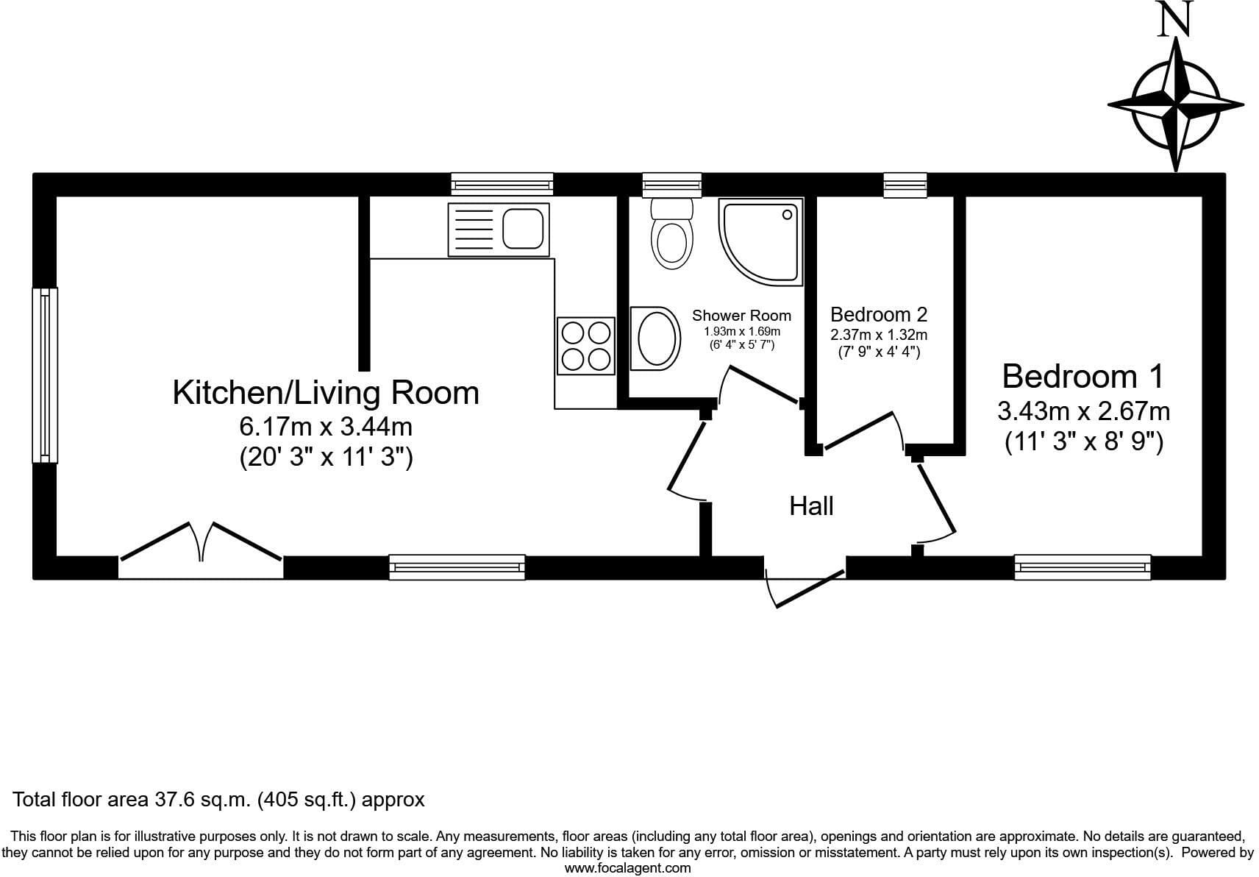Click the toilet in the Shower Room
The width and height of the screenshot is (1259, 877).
671,233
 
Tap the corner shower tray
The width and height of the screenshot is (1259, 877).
761,242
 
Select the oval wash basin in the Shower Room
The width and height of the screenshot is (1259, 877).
655,338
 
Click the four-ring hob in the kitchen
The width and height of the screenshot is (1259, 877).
585,346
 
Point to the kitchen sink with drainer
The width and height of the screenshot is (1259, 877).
499,230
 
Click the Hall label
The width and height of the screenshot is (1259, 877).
811,506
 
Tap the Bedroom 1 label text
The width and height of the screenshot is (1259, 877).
1083,376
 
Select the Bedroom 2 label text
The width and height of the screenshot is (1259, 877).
879,313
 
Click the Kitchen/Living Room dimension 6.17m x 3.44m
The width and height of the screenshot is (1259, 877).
326,427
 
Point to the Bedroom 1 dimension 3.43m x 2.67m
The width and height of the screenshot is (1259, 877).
1084,411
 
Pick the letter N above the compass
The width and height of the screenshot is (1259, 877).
1175,19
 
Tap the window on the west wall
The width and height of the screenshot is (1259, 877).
45,375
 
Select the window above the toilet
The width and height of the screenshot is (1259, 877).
672,185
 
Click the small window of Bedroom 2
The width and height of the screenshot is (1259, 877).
905,185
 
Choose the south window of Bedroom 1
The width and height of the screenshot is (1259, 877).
1083,567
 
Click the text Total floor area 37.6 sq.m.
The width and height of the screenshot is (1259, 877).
131,800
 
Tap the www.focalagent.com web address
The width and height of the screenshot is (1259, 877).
628,868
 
